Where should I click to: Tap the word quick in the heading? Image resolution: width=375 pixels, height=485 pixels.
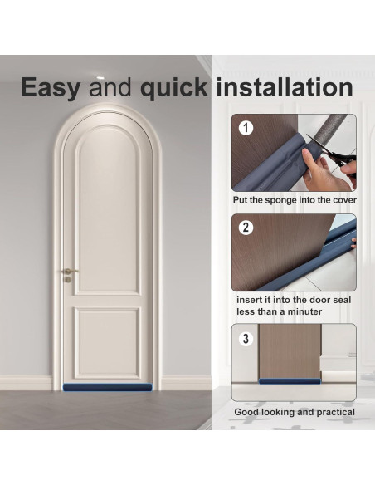point(172,87)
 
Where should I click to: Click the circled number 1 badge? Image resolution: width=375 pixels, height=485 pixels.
point(246,128)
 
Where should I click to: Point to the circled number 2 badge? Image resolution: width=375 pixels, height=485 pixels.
point(246,228)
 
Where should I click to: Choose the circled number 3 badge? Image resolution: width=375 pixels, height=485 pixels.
point(246,338)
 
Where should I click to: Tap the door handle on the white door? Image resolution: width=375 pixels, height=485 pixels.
point(68,272)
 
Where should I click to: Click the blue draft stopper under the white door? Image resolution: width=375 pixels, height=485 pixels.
point(107,387)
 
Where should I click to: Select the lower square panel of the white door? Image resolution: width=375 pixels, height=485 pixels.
point(107,342)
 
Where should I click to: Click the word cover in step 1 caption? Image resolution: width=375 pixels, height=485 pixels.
point(341,200)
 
